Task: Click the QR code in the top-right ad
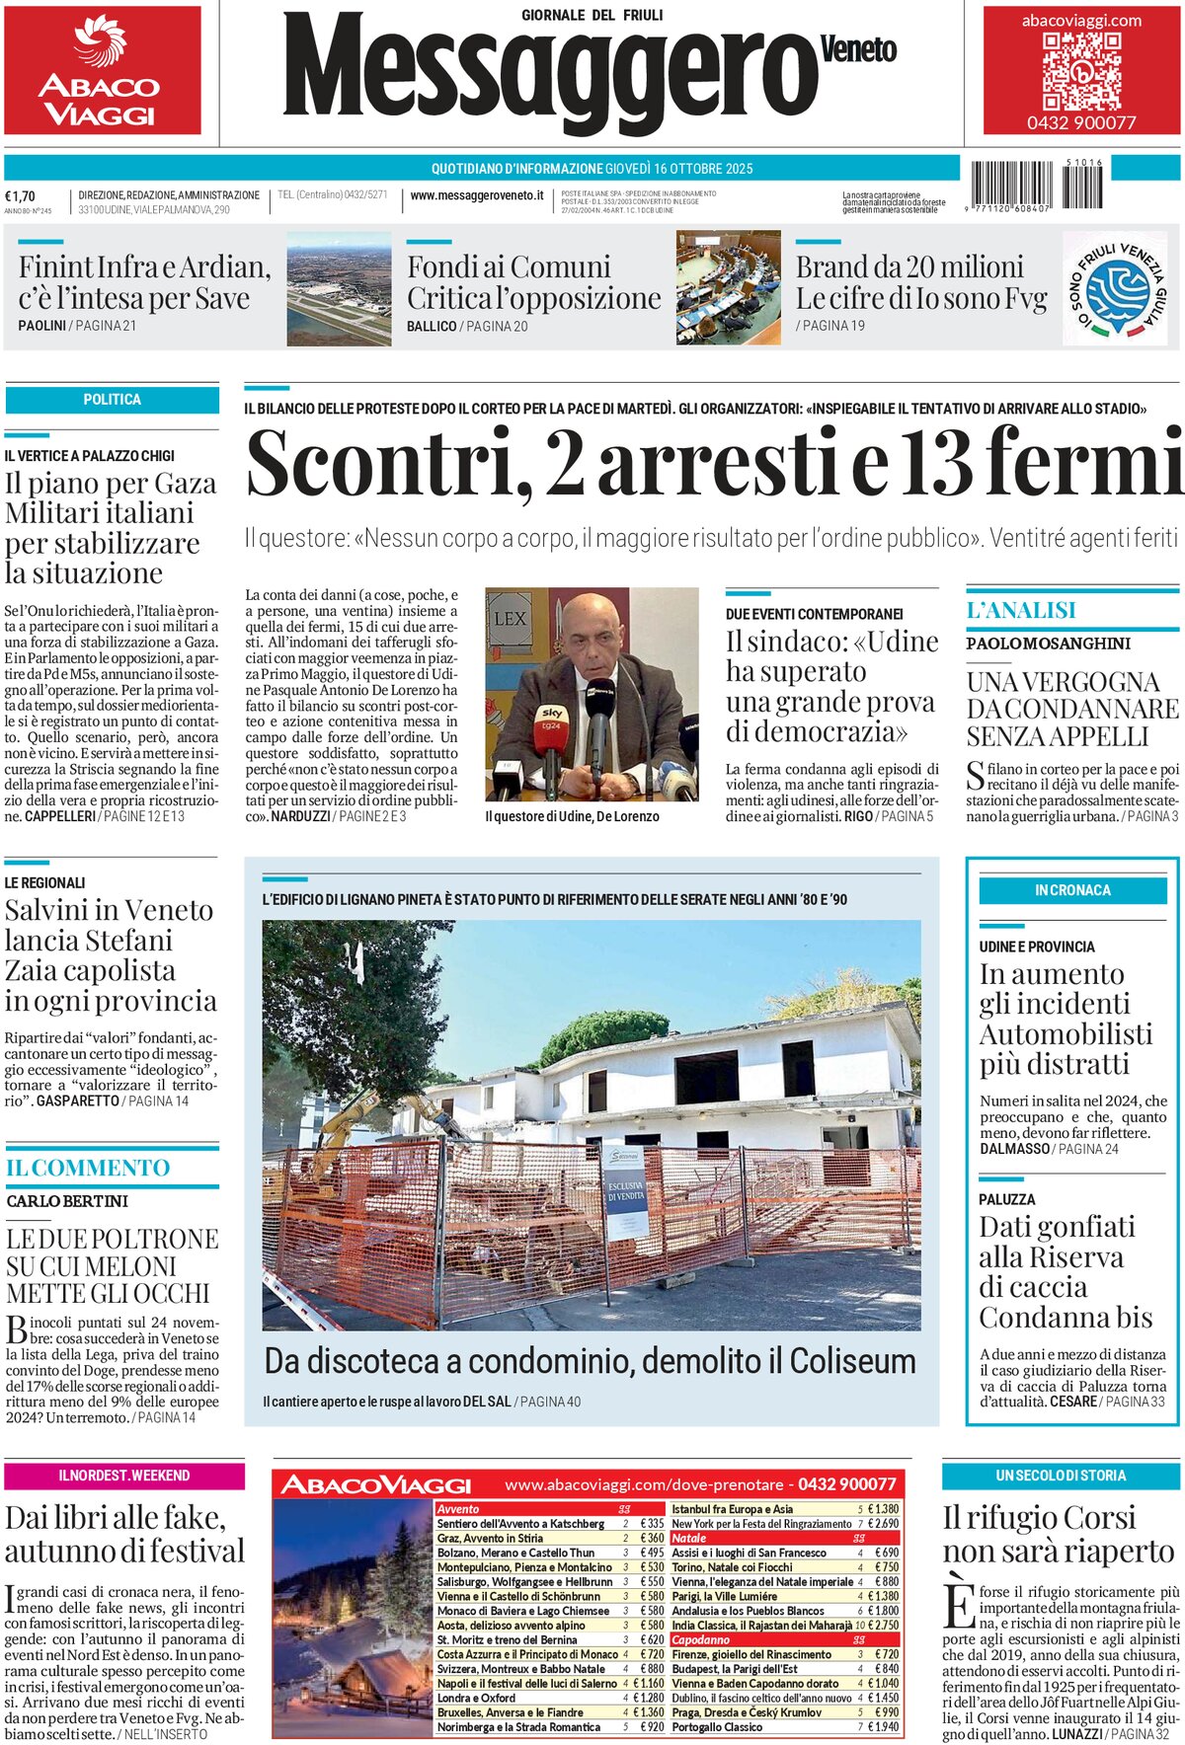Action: [x=1081, y=71]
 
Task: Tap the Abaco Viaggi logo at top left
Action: [x=101, y=71]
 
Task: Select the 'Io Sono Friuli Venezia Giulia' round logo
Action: [x=1114, y=289]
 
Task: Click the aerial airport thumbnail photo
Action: [x=339, y=289]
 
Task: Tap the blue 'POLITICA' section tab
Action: [x=112, y=400]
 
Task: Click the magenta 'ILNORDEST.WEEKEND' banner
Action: [x=123, y=1476]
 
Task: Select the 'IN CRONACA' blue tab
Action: [x=1072, y=890]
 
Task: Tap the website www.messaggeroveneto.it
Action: [x=477, y=195]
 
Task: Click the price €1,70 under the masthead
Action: [x=20, y=195]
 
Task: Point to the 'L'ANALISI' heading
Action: [x=1021, y=611]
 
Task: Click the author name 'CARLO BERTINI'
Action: [x=67, y=1201]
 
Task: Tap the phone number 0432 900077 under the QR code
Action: [x=1081, y=123]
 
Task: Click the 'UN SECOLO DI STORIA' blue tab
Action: [x=1061, y=1476]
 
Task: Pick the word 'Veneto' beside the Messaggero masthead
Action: [x=858, y=49]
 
